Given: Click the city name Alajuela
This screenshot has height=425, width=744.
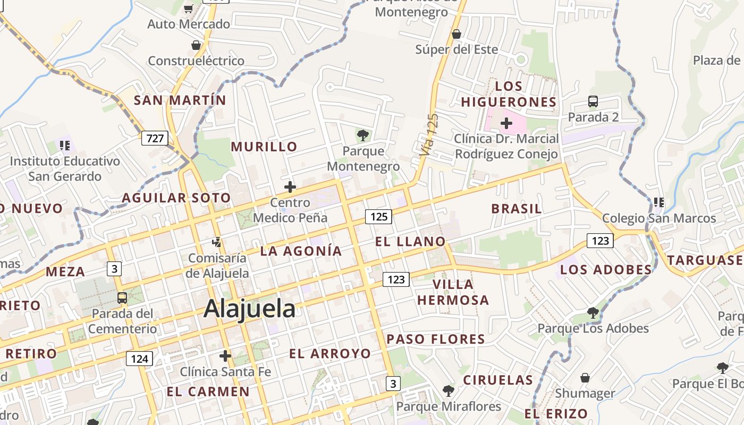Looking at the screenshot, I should click(x=249, y=309).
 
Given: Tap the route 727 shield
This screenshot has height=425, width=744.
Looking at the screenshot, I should click(x=155, y=138).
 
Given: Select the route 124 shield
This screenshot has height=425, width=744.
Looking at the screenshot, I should click(x=139, y=359).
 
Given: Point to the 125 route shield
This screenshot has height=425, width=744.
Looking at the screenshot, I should click(x=378, y=216).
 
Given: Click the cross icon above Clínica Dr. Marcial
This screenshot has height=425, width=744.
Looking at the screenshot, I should click(x=506, y=123).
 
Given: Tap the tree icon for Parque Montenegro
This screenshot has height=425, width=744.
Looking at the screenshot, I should click(x=363, y=135).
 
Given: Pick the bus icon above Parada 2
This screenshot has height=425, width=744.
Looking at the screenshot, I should click(x=593, y=101).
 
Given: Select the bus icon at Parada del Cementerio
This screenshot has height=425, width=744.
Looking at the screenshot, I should click(x=122, y=297).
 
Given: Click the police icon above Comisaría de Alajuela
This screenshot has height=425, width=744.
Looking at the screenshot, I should click(x=216, y=242).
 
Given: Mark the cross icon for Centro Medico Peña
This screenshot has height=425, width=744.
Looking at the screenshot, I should click(x=290, y=186).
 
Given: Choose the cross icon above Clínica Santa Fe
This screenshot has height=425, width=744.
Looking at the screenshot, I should click(x=225, y=355).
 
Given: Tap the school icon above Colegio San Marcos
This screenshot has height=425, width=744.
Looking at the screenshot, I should click(x=659, y=202).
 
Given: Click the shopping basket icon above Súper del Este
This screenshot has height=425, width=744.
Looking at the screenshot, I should click(x=456, y=34).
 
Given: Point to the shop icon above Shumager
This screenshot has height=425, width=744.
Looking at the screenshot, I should click(x=585, y=378).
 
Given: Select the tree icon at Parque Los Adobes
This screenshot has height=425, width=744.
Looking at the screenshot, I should click(x=593, y=312).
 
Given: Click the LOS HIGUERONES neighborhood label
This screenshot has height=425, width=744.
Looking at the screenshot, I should click(x=509, y=94).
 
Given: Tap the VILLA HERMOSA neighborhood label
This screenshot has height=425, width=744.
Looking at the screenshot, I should click(x=453, y=292).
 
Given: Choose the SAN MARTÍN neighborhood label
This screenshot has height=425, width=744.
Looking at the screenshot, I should click(x=180, y=100).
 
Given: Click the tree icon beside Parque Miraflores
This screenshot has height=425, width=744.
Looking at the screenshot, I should click(x=449, y=391).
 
